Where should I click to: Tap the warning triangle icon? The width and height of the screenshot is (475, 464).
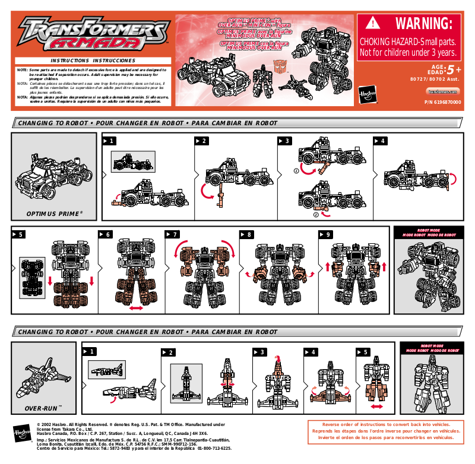[372, 23]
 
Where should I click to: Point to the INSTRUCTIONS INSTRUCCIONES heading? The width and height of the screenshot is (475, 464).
[93, 61]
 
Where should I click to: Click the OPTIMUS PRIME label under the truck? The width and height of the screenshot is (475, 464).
[54, 212]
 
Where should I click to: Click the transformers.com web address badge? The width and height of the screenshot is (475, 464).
[443, 91]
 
